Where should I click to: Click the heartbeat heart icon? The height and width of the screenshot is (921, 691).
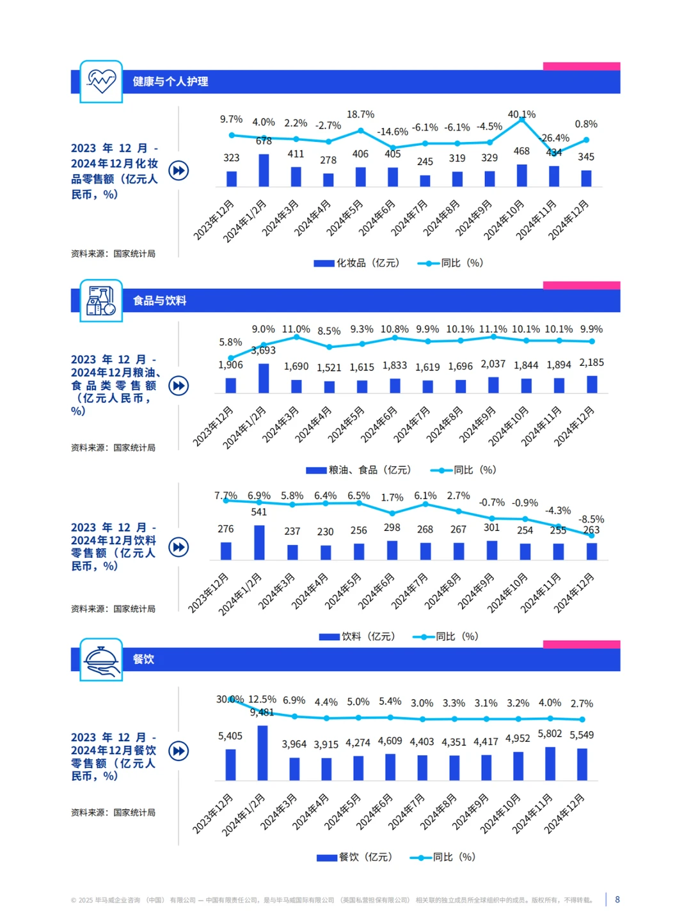[102, 81]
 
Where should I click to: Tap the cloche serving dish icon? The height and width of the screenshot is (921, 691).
[102, 659]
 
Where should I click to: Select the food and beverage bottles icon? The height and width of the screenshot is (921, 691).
[100, 301]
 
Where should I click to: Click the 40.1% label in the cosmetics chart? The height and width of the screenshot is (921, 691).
[521, 114]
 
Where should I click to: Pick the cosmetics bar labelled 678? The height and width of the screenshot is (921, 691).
[264, 170]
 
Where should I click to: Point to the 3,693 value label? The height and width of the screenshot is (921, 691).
[263, 350]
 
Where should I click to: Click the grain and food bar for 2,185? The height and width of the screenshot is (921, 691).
[592, 384]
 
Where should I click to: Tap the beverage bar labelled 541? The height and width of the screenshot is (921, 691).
[259, 542]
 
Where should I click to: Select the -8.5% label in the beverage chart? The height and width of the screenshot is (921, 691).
[591, 519]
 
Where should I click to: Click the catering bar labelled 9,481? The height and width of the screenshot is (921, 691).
[262, 753]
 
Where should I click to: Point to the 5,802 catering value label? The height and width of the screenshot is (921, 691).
[550, 734]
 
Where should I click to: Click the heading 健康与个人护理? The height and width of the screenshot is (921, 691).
[170, 81]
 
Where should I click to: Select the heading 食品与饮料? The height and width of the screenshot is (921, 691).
[159, 301]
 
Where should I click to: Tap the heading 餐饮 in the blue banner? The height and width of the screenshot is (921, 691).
[143, 659]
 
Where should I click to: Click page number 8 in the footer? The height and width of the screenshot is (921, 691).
[617, 899]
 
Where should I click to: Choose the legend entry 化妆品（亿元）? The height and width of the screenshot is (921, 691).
[356, 263]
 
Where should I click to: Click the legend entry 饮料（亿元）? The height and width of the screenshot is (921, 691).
[357, 636]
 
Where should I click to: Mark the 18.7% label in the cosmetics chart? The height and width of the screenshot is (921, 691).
[360, 114]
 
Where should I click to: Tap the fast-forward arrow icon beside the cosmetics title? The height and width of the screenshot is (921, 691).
[179, 170]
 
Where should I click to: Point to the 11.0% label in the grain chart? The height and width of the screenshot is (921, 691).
[296, 329]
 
